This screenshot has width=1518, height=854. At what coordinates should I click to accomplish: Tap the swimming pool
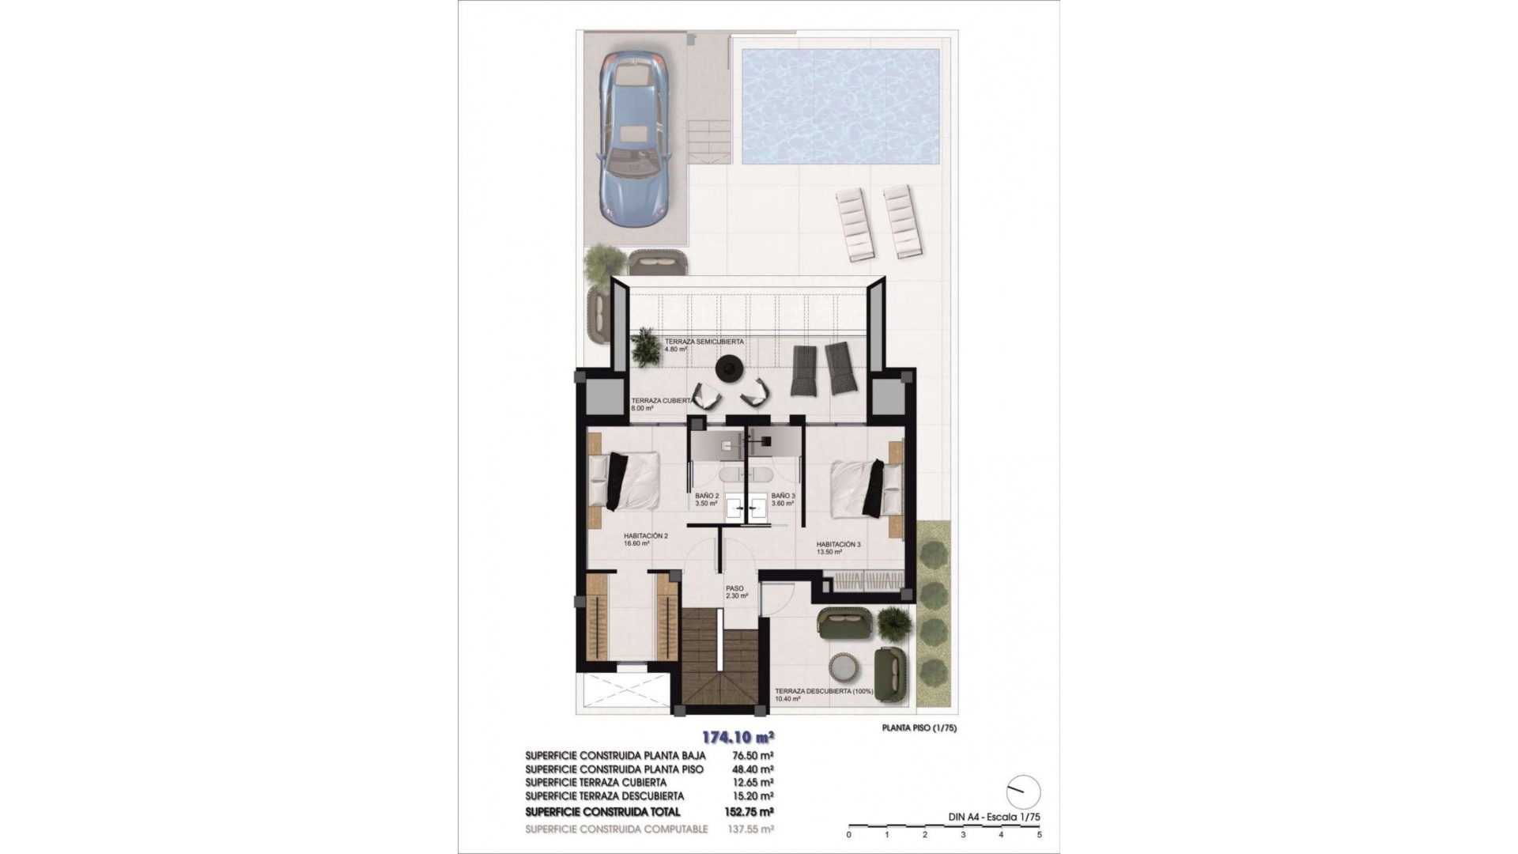(x=840, y=106)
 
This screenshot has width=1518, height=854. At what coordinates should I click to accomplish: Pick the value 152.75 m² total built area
(x=748, y=812)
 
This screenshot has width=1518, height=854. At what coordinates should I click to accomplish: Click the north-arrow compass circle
(x=1024, y=792)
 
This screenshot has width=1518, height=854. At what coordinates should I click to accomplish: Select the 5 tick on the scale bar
(x=1039, y=834)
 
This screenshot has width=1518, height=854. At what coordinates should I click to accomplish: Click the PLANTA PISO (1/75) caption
(x=919, y=728)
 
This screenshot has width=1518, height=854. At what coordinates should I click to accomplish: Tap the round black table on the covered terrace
(x=728, y=367)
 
